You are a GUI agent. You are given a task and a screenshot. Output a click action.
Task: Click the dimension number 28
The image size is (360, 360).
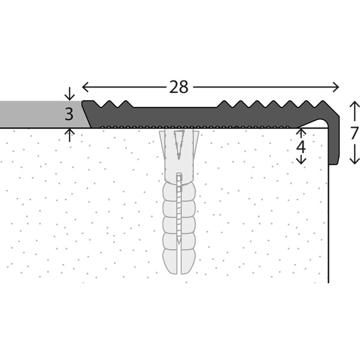[179, 87]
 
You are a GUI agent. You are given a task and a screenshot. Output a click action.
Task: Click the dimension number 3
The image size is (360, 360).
[69, 114]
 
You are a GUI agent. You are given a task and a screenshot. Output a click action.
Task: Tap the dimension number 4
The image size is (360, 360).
[301, 147]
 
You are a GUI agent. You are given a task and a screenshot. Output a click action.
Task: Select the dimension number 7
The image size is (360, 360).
[355, 133]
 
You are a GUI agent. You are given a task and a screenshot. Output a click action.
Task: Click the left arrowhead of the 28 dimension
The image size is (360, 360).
[85, 87]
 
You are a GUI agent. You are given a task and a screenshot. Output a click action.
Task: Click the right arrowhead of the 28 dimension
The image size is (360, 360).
[335, 87]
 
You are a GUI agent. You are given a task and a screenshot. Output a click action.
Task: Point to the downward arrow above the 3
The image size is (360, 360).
[70, 94]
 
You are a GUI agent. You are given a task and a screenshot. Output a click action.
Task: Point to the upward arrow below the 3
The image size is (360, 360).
[70, 135]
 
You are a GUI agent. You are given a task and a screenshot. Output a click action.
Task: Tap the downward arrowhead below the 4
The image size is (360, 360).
[301, 161]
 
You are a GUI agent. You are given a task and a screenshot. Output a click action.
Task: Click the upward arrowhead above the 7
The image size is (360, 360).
[355, 104]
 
